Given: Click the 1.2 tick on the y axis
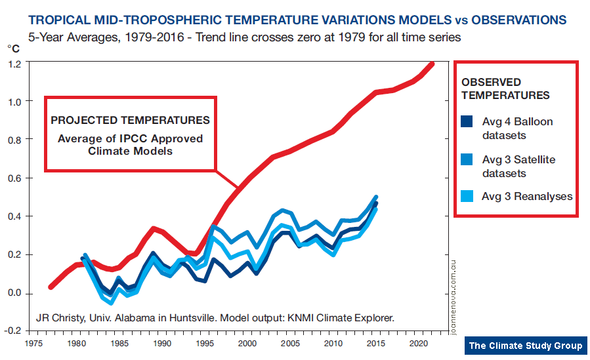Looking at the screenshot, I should pyautogui.click(x=14, y=64).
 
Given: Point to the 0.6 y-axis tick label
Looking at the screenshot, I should pyautogui.click(x=14, y=178).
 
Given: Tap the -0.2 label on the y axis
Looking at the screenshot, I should pyautogui.click(x=12, y=331).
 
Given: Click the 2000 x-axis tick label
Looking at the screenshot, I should pyautogui.click(x=247, y=343).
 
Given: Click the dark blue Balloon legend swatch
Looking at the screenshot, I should pyautogui.click(x=468, y=122).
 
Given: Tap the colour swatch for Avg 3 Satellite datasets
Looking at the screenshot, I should pyautogui.click(x=468, y=160).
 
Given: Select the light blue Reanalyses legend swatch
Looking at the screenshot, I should pyautogui.click(x=468, y=196).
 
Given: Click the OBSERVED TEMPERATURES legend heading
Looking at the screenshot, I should pyautogui.click(x=505, y=89).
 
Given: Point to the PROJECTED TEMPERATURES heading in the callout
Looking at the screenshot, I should pyautogui.click(x=130, y=121).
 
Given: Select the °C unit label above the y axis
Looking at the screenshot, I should pyautogui.click(x=14, y=49).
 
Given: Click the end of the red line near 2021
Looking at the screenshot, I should pyautogui.click(x=431, y=64).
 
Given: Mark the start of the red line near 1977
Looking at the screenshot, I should pyautogui.click(x=51, y=287).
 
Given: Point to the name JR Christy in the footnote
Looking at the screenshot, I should pyautogui.click(x=59, y=319).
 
